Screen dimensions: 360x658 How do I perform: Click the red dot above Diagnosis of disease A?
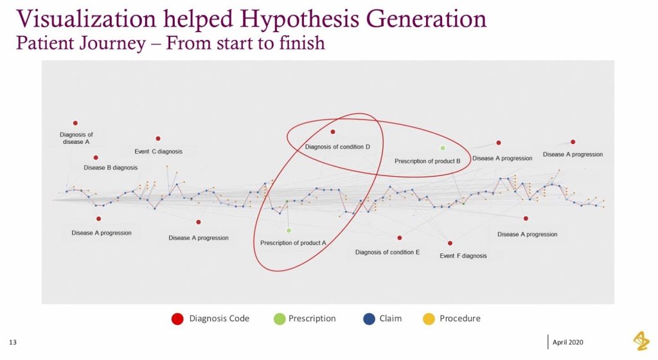[75, 123]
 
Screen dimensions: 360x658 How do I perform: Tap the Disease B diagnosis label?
[111, 168]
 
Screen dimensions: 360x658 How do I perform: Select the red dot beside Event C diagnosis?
[157, 138]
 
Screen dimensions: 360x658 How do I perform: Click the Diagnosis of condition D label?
[337, 147]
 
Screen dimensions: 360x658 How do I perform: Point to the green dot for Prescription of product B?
[443, 148]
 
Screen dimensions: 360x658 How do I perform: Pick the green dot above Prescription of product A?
[289, 230]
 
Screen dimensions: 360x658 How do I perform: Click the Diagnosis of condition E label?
[387, 253]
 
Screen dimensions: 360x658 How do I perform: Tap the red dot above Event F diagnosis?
[450, 243]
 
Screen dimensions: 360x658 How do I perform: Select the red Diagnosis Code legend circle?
[177, 319]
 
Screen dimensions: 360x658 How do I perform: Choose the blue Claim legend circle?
[368, 319]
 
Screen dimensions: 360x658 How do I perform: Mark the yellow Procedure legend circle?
[429, 319]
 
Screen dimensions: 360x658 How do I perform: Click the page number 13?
[12, 341]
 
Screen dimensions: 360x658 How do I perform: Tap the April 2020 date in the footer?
[568, 341]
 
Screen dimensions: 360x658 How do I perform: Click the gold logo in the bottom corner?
[641, 341]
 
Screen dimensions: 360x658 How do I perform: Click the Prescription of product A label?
[294, 243]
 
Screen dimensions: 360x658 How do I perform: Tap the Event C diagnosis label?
[158, 152]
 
